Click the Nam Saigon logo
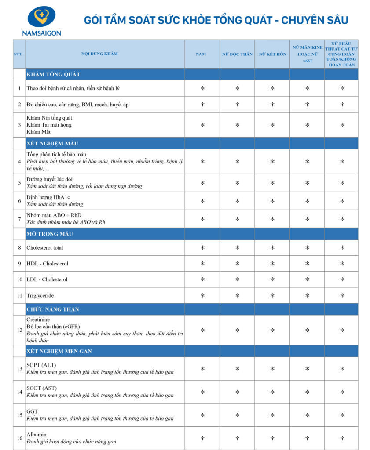(x=41, y=20)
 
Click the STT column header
(x=19, y=54)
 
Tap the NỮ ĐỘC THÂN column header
(x=237, y=54)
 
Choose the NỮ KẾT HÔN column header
(x=272, y=54)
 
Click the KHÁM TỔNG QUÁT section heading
(x=53, y=74)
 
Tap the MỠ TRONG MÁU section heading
(x=50, y=234)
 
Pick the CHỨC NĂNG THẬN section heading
(x=53, y=309)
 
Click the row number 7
(x=19, y=218)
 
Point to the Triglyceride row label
(x=40, y=295)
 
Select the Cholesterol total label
(x=44, y=247)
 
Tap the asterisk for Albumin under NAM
(x=202, y=438)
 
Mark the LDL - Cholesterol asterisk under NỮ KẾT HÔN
(x=272, y=279)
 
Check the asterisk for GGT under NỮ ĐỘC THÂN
(x=237, y=415)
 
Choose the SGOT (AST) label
(x=41, y=388)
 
